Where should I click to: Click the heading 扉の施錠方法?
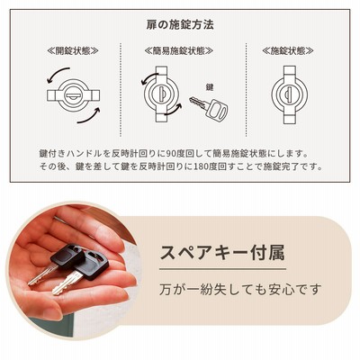pos(180,24)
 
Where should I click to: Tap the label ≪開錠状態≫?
pos(73,51)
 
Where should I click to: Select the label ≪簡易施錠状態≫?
pos(179,51)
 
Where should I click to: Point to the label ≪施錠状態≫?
pos(288,51)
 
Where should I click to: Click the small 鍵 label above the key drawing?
pos(210,87)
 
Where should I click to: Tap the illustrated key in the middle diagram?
pos(209,107)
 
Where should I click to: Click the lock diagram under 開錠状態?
pos(73,95)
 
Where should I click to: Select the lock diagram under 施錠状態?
pos(290,94)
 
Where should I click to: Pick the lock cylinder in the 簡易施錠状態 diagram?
pos(162,94)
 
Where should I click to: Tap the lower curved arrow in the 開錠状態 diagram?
pos(89,117)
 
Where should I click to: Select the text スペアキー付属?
pos(222,253)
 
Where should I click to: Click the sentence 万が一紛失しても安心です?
pos(240,289)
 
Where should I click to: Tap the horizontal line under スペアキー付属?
pos(222,269)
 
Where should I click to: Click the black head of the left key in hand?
pos(67,256)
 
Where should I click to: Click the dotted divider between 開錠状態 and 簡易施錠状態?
pos(121,90)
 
